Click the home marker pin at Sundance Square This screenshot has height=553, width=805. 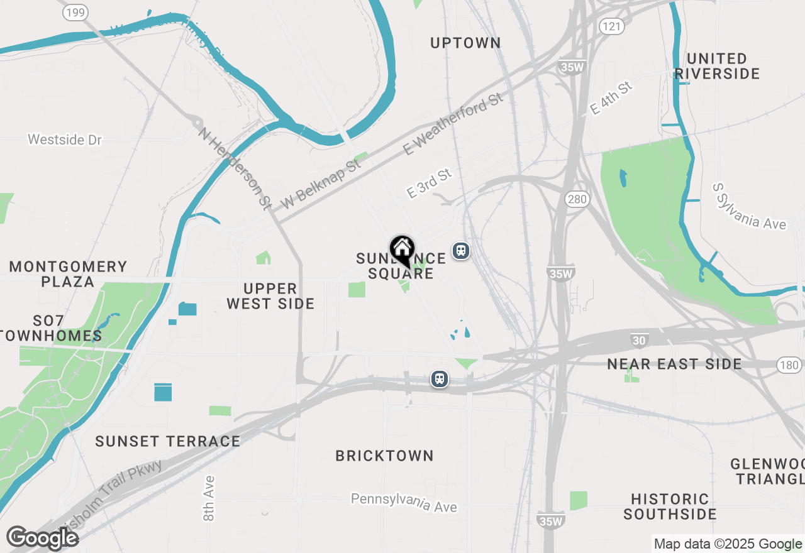click(402, 250)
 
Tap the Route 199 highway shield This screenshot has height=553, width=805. click(75, 13)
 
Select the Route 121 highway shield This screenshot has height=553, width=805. click(611, 26)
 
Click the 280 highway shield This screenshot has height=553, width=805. click(577, 200)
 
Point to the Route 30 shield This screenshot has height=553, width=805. click(639, 341)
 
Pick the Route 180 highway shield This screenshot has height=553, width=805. click(789, 365)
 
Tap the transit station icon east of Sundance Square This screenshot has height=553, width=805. click(461, 251)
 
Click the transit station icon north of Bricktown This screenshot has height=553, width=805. click(439, 379)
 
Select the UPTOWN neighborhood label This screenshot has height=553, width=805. click(465, 43)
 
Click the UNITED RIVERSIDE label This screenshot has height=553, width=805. click(717, 66)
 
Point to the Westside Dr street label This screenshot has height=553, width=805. click(65, 140)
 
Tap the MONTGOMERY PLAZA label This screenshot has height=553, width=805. click(68, 274)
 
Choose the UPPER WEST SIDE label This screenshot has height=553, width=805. click(270, 296)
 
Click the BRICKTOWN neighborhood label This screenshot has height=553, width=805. click(384, 456)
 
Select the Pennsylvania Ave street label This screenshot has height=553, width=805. click(404, 502)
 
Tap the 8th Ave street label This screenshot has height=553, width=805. click(209, 498)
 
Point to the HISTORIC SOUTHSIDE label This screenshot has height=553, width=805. click(670, 506)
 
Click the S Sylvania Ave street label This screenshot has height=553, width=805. click(749, 206)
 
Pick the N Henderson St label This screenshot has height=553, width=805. click(235, 168)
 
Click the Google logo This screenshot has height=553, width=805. click(42, 538)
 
